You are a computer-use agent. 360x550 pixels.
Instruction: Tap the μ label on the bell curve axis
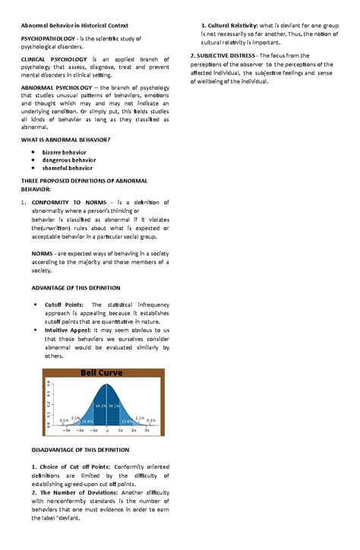(x=108, y=430)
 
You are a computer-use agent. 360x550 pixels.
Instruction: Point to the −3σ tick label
(x=67, y=430)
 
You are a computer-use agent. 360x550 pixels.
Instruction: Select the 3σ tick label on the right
(x=147, y=430)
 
